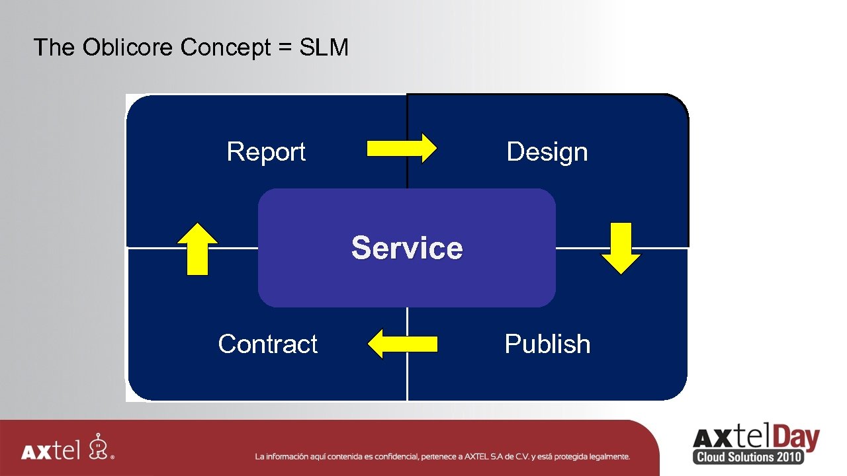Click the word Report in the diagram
(266, 152)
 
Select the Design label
(547, 152)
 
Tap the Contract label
(267, 344)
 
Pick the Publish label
(547, 344)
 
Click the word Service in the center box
(407, 248)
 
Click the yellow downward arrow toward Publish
(621, 248)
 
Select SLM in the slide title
(324, 48)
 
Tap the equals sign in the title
(285, 48)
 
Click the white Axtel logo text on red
(50, 452)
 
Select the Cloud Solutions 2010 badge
(748, 457)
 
